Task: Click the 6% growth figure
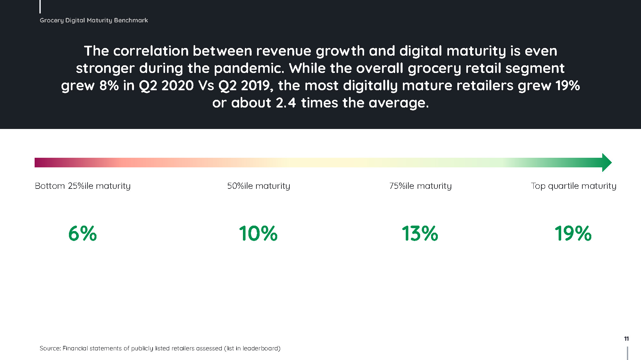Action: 82,233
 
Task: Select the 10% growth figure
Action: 258,233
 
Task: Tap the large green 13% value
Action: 420,233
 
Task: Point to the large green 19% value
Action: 573,233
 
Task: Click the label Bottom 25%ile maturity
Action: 83,186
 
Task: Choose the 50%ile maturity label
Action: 259,186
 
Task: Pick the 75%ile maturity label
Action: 420,186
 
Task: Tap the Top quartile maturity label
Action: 573,186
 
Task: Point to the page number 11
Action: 627,339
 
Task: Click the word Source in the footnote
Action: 50,348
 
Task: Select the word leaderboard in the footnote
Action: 260,348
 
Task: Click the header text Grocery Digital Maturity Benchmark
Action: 94,20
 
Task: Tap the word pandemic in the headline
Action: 249,68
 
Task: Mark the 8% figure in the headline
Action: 109,85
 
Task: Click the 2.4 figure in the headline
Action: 286,103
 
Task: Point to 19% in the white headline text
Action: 568,85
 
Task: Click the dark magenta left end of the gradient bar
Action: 36,163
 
